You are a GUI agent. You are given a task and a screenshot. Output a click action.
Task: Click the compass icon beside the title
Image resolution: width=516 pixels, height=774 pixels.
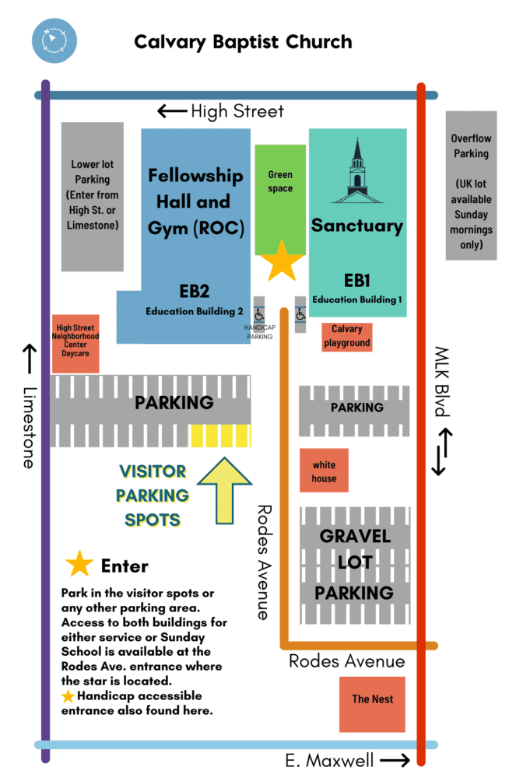tap(54, 40)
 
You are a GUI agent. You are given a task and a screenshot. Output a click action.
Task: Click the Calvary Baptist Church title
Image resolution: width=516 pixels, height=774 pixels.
tap(243, 43)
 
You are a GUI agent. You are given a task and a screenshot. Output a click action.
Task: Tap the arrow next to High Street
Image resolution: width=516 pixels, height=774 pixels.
tap(172, 111)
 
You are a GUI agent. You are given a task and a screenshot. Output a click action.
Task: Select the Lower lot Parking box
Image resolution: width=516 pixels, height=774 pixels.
tap(93, 197)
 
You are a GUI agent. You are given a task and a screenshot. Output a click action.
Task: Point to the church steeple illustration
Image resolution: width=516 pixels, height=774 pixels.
tap(357, 171)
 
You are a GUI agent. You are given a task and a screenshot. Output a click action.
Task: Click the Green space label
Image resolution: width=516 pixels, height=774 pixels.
tap(280, 181)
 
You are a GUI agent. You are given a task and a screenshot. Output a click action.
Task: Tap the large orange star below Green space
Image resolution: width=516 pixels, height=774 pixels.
tap(282, 261)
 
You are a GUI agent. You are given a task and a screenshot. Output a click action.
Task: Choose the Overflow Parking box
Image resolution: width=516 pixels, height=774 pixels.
tap(471, 186)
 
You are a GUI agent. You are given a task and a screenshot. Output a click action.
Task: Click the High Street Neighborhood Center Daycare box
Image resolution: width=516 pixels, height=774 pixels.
tap(75, 344)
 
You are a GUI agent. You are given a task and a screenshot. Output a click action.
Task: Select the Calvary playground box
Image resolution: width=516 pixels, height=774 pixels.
tap(346, 337)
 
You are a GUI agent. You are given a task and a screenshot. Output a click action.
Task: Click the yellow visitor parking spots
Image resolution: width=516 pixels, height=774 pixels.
tap(220, 436)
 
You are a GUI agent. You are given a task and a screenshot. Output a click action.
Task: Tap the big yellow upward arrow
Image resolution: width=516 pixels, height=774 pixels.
tap(225, 490)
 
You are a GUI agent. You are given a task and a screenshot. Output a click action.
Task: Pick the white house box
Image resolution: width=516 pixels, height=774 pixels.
tap(324, 471)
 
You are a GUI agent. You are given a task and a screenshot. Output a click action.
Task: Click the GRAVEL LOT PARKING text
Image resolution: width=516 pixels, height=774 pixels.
tap(355, 564)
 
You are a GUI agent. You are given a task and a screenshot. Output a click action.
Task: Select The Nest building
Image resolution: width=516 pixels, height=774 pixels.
tap(372, 705)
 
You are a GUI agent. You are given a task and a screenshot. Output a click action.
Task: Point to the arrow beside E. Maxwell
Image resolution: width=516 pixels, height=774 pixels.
tap(395, 760)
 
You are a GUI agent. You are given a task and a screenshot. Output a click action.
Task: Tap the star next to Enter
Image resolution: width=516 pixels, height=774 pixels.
tap(79, 564)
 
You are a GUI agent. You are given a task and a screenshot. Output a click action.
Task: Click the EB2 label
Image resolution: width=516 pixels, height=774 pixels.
tap(194, 291)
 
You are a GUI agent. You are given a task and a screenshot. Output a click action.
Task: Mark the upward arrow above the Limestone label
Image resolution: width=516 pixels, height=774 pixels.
tap(30, 359)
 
